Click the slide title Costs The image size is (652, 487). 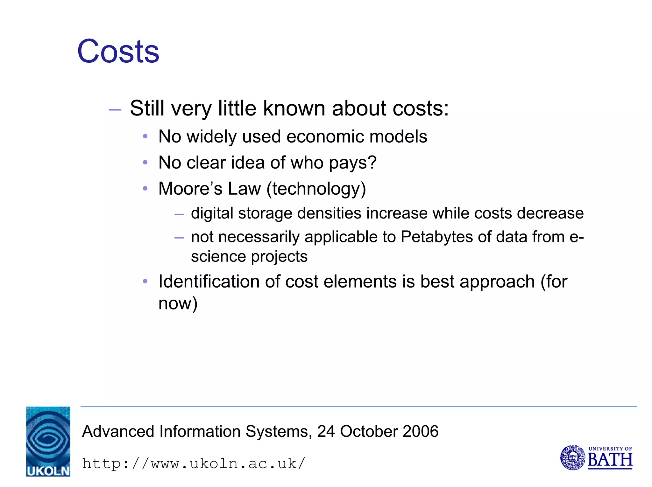(118, 52)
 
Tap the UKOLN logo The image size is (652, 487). (48, 442)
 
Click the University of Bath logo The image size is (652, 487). (596, 457)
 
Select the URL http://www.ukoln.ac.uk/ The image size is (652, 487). (194, 463)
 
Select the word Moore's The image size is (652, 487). (190, 188)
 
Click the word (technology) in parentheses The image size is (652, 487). (316, 189)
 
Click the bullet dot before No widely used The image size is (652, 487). (145, 137)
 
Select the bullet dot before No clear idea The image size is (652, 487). (145, 163)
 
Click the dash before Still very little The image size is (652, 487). (115, 110)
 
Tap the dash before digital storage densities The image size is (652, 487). (179, 214)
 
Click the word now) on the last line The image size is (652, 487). (178, 303)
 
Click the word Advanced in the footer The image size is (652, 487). (118, 432)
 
